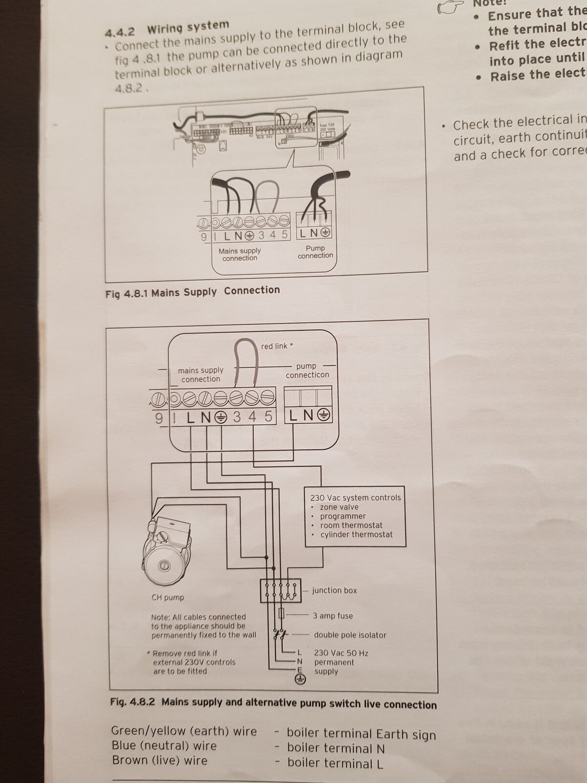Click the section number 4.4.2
[120, 32]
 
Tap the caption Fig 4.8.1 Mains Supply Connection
[193, 292]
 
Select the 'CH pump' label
[168, 598]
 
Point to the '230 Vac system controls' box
[356, 516]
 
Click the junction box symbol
[280, 591]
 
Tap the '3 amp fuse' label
[333, 616]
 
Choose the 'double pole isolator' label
[350, 635]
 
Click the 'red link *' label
[277, 346]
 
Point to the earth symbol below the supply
[300, 679]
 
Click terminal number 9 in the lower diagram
[158, 417]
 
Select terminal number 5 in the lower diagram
[268, 416]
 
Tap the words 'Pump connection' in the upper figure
[315, 252]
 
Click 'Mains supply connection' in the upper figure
[240, 254]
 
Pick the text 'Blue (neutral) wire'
[164, 746]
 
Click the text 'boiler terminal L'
[335, 763]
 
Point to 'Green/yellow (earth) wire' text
[184, 731]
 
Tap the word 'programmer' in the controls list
[343, 516]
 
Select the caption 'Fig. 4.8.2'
[133, 702]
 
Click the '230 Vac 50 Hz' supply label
[341, 653]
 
